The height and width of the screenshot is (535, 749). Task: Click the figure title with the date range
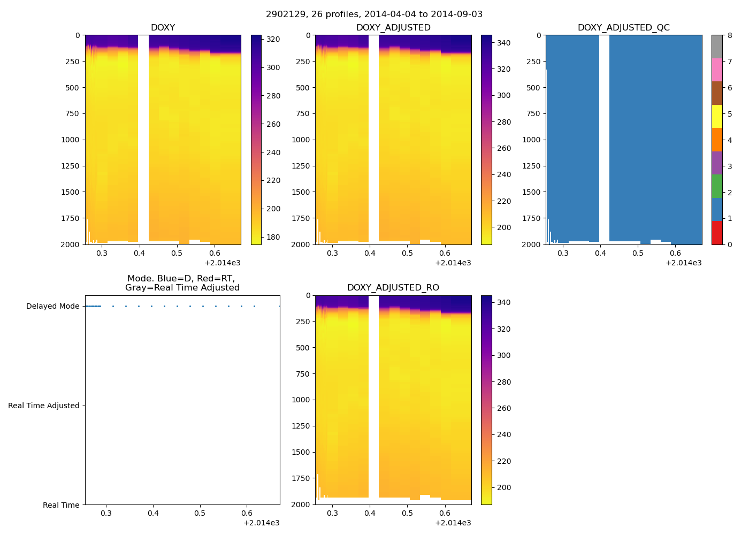[x=374, y=14]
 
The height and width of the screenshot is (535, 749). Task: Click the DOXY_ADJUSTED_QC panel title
[x=623, y=28]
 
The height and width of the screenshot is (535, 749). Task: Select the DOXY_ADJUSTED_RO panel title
[x=393, y=288]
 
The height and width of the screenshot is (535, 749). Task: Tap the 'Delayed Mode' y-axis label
[x=52, y=307]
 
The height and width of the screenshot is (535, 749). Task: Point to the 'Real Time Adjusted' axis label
[x=44, y=406]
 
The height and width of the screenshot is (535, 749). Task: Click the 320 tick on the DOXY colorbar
[x=273, y=40]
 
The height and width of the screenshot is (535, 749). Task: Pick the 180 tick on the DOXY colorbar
[x=273, y=238]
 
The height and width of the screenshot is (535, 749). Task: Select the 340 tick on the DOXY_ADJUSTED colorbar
[x=503, y=43]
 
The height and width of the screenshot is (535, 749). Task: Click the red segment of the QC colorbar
[x=717, y=233]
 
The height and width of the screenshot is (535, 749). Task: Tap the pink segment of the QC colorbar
[x=717, y=70]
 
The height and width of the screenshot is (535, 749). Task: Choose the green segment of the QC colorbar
[x=717, y=186]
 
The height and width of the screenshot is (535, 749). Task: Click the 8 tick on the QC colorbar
[x=730, y=36]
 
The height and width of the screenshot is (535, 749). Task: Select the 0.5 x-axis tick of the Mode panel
[x=200, y=514]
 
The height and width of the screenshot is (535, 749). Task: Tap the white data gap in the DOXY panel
[x=143, y=139]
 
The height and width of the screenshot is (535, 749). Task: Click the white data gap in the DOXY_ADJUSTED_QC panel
[x=604, y=139]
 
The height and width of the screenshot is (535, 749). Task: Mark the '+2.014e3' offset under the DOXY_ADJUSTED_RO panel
[x=453, y=523]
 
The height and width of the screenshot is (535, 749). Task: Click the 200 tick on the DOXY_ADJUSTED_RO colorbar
[x=503, y=488]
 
